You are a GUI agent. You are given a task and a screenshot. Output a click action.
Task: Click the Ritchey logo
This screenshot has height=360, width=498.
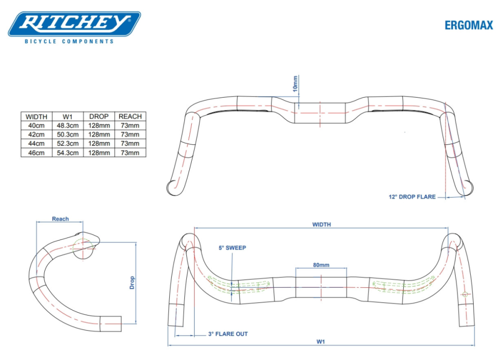[x=74, y=23]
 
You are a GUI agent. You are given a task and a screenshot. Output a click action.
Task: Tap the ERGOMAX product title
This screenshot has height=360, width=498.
[x=469, y=25]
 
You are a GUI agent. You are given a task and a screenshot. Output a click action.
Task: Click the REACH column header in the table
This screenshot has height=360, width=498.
[x=130, y=117]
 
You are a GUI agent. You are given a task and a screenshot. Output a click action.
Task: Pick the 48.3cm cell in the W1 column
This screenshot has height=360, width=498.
[x=67, y=125]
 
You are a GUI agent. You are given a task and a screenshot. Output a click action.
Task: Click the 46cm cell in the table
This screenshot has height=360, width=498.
[x=36, y=153]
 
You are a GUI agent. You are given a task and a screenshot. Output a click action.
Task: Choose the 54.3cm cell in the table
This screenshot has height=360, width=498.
[x=67, y=153]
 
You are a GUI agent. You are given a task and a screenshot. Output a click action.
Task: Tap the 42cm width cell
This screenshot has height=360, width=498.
[x=36, y=134]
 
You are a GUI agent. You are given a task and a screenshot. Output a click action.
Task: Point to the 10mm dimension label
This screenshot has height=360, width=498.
[x=295, y=84]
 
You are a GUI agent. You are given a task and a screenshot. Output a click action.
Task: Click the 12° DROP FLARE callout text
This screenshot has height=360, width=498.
[x=412, y=197]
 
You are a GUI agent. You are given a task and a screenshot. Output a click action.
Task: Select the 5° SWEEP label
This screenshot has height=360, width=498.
[x=232, y=248]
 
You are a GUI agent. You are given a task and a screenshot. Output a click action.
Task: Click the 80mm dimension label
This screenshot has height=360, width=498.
[x=321, y=265]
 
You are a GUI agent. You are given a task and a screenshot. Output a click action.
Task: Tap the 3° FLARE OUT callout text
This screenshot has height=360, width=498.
[x=228, y=334]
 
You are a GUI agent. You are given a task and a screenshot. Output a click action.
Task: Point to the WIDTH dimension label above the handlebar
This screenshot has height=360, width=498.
[x=321, y=225]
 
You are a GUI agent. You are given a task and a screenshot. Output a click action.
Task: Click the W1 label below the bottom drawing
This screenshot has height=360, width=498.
[x=322, y=342]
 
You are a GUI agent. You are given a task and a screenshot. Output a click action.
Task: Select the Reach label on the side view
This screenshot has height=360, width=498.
[x=60, y=219]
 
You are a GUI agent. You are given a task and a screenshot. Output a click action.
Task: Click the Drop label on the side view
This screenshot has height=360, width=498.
[x=132, y=282]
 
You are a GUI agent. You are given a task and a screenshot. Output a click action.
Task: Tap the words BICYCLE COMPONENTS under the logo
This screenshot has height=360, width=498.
[x=69, y=41]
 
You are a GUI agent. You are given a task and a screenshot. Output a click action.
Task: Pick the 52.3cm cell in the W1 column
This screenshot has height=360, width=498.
[x=67, y=144]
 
